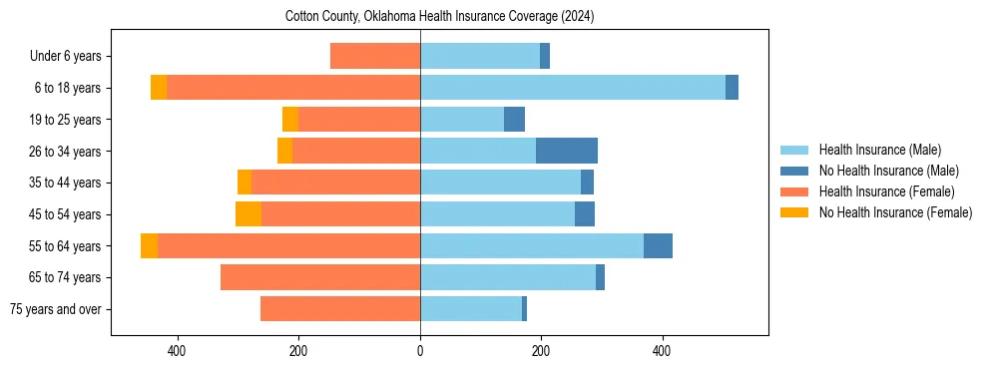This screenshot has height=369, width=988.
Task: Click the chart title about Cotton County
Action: [x=439, y=16]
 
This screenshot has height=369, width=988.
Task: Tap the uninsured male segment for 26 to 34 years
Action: [x=566, y=151]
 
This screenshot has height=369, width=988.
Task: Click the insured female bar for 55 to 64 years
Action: [x=288, y=245]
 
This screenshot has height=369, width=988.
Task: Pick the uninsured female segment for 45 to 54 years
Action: [x=248, y=213]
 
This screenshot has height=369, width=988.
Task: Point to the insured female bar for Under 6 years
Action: [x=374, y=56]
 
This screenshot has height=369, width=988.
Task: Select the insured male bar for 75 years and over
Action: [x=470, y=308]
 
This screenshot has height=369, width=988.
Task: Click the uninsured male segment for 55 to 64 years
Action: [x=658, y=245]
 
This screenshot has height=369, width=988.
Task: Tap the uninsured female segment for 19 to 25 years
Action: [x=290, y=119]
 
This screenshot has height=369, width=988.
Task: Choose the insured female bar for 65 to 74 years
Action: [x=319, y=277]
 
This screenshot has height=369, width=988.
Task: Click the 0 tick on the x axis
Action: [x=420, y=351]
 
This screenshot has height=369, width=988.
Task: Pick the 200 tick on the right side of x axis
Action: [x=541, y=351]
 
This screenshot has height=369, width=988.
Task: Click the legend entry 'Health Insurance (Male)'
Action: [x=879, y=150]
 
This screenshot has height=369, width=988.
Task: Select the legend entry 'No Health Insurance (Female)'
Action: [x=895, y=212]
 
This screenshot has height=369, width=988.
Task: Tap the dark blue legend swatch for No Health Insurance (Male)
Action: [x=794, y=171]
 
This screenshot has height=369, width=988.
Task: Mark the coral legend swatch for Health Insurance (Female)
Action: [x=794, y=191]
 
